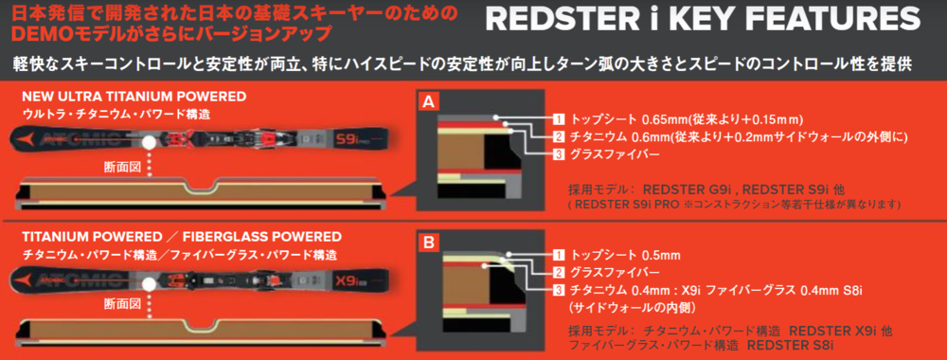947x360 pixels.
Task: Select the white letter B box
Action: pos(428,243)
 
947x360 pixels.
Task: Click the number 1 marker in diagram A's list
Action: pos(559,118)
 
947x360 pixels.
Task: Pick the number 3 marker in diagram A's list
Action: pos(559,154)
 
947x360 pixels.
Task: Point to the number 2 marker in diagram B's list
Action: pos(559,273)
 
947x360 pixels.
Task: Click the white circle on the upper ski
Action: pos(149,142)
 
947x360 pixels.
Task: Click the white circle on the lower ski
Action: pos(149,282)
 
